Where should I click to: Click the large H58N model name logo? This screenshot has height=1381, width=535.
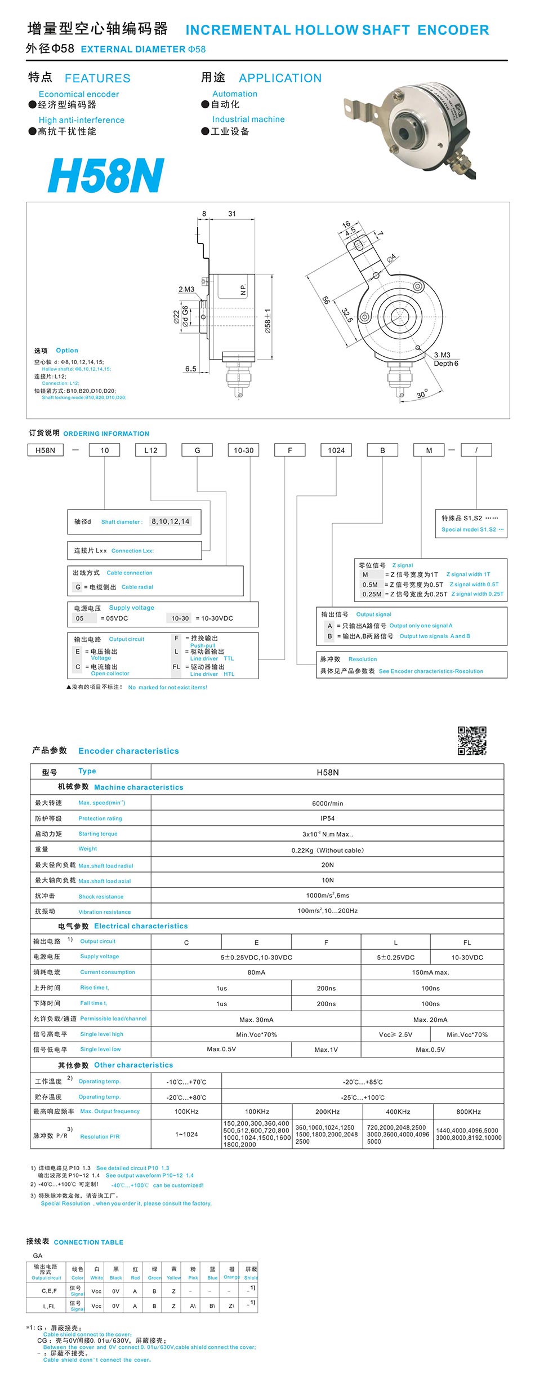click(106, 175)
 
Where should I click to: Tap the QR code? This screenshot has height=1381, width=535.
click(471, 740)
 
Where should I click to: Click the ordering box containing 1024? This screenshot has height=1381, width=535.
click(336, 450)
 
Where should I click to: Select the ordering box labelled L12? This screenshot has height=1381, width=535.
click(151, 450)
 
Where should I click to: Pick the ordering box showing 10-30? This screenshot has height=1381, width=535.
click(243, 450)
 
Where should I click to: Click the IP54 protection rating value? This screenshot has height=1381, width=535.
click(327, 818)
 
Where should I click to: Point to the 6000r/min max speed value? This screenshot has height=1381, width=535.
click(327, 803)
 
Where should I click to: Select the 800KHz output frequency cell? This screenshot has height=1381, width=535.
click(469, 1112)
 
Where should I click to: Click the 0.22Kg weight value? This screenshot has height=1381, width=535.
click(327, 850)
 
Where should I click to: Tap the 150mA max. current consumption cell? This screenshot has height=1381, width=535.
click(430, 972)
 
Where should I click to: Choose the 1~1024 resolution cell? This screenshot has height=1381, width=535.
click(186, 1134)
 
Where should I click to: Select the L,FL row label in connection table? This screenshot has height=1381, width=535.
click(49, 1306)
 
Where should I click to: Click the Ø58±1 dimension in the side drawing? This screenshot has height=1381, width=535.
click(268, 321)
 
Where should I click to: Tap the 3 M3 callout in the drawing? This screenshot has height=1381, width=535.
click(442, 355)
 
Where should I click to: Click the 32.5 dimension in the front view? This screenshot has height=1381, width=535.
click(347, 316)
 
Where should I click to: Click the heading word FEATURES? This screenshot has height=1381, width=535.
click(97, 78)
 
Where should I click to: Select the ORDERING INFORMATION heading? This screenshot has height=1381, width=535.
click(106, 433)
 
